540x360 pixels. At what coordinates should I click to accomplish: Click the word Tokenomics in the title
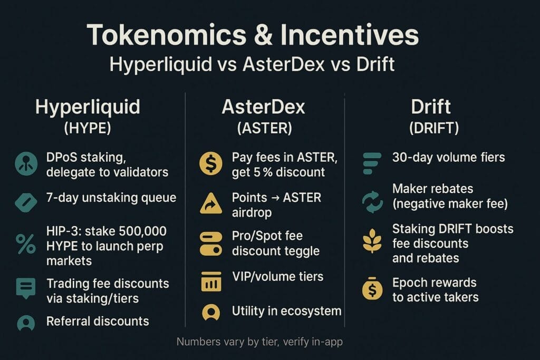166,35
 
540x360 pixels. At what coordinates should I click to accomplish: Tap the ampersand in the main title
263,35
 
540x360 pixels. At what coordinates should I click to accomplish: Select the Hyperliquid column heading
88,107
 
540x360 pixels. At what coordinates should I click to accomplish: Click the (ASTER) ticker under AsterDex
264,128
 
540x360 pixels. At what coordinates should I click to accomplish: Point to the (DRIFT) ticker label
434,128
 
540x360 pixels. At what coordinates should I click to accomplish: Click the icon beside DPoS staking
26,164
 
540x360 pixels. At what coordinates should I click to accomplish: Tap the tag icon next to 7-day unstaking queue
26,202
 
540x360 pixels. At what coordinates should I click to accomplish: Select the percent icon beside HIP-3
25,244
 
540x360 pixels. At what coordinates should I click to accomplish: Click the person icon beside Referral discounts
26,323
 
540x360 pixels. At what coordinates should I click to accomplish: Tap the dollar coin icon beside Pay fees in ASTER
211,163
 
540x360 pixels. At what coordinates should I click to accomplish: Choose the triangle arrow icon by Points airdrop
211,203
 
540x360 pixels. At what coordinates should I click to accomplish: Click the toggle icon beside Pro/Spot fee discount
211,244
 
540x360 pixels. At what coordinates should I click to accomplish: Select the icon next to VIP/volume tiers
211,281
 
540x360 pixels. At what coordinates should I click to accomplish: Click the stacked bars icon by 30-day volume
372,163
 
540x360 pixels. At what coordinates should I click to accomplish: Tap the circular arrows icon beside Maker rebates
372,202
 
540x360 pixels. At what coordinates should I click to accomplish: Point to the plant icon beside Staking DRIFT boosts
372,240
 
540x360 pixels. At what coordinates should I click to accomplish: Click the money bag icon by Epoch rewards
372,288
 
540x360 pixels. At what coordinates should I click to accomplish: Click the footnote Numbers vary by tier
259,342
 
